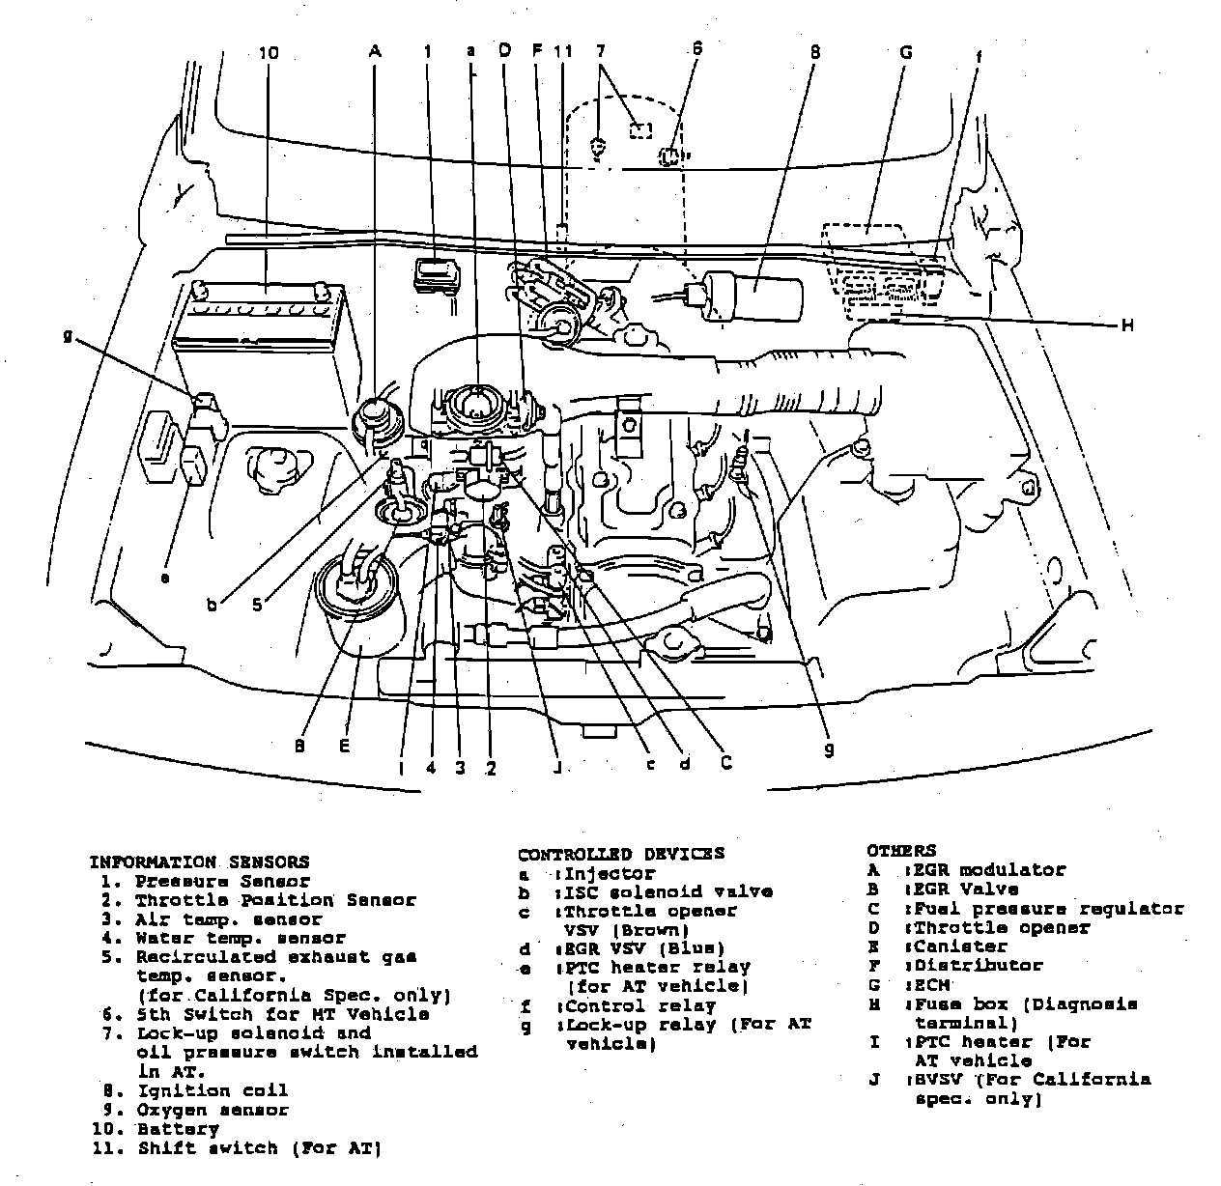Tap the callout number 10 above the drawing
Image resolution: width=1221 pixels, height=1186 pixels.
tap(268, 54)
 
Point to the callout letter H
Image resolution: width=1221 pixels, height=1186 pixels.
tap(1125, 325)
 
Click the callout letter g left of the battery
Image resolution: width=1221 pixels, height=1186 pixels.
tap(68, 336)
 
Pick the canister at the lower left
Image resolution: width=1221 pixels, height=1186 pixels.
tap(359, 613)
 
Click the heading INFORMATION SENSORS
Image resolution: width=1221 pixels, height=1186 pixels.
tap(199, 861)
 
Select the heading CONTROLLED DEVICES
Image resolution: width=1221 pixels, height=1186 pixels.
tap(620, 854)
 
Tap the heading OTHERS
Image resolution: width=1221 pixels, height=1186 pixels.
tap(900, 851)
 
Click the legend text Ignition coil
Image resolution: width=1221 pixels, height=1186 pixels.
tap(213, 1090)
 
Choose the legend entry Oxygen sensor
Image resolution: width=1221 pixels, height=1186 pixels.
tap(213, 1110)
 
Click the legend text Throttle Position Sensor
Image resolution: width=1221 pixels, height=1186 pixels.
tap(275, 900)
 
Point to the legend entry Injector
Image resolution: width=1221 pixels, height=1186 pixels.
tap(610, 873)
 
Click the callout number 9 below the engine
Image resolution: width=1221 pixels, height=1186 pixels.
tap(829, 749)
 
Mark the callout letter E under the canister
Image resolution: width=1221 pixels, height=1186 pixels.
tap(344, 746)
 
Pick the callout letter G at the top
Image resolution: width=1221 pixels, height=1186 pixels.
tap(905, 52)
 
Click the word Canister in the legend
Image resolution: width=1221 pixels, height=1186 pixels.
tap(960, 946)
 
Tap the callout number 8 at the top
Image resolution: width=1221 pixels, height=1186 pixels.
tap(814, 52)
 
